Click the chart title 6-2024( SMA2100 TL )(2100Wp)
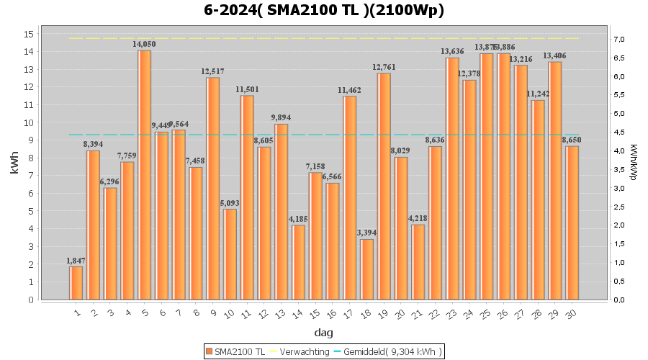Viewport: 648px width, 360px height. click(x=324, y=10)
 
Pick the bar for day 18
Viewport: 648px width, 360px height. click(x=367, y=269)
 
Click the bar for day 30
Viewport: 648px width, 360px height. click(x=572, y=222)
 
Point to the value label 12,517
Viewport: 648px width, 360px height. click(x=213, y=71)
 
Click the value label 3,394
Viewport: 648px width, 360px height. click(x=367, y=233)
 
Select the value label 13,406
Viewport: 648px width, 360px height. click(x=554, y=55)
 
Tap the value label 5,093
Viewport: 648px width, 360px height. click(x=230, y=203)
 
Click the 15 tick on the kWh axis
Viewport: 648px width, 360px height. click(x=29, y=34)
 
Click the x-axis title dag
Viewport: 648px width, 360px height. click(x=324, y=333)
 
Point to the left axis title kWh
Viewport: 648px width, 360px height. click(x=15, y=166)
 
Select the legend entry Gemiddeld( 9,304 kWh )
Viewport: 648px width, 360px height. click(x=392, y=351)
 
